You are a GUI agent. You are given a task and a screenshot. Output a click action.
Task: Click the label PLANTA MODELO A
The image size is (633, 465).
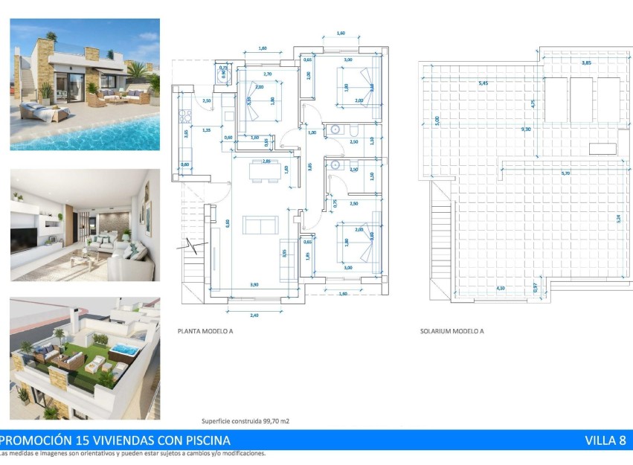205,331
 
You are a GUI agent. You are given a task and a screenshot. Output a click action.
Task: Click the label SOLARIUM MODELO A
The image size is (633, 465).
452,331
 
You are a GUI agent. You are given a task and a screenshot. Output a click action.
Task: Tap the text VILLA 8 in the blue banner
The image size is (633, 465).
605,440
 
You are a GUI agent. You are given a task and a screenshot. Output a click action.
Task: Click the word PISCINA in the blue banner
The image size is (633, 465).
200,440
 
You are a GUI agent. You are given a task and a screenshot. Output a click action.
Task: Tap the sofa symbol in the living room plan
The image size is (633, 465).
260,224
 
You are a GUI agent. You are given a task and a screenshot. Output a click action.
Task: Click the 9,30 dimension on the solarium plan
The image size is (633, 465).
527,129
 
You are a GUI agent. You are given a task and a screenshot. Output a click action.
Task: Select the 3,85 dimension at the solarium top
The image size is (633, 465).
586,62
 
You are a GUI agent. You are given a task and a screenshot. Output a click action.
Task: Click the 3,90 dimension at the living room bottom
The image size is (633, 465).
254,285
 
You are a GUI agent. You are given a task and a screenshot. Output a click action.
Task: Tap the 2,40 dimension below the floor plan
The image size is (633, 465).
254,315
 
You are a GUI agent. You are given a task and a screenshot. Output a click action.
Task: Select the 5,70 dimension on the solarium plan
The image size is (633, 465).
566,173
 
